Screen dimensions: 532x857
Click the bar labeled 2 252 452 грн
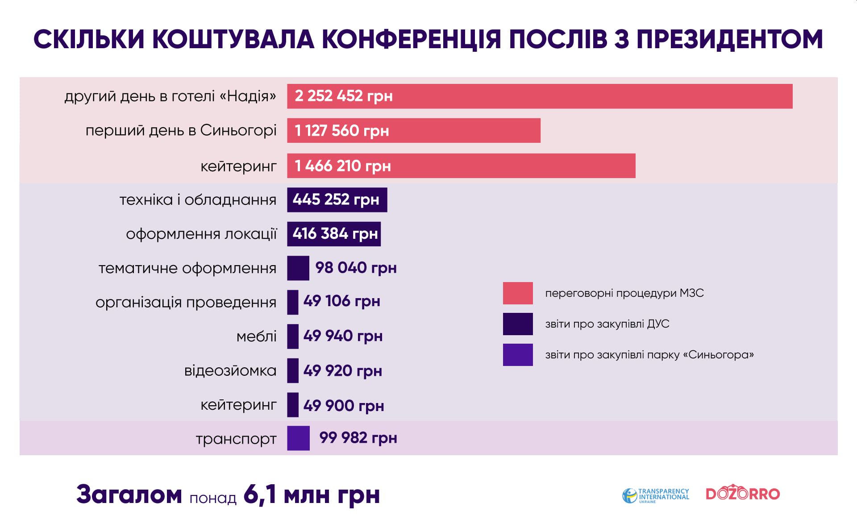[x=539, y=96]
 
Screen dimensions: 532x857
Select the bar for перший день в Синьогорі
[x=413, y=130]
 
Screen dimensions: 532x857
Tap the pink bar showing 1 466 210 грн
[x=461, y=166]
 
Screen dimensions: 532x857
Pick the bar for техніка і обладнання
[x=337, y=199]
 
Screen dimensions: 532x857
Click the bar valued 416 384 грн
[x=334, y=234]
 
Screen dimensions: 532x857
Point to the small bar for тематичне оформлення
[x=298, y=268]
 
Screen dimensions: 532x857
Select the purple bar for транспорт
[x=298, y=438]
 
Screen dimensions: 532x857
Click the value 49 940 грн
[x=343, y=336]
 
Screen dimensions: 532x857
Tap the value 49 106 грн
[x=341, y=301]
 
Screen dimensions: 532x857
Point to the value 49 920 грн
[x=342, y=371]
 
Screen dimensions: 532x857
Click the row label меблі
[x=256, y=337]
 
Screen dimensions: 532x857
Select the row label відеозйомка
[x=230, y=371]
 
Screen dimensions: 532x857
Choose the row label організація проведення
[x=186, y=303]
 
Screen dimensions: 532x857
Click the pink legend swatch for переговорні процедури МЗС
[x=518, y=293]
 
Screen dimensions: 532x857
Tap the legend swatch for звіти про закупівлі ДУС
[x=518, y=324]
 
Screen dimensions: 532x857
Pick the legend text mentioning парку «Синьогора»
[x=649, y=355]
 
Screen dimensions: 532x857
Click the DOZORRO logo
[x=743, y=494]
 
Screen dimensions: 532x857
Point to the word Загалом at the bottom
[x=129, y=495]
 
